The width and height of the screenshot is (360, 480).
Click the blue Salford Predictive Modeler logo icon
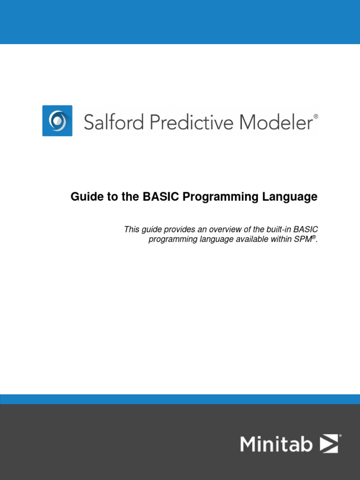57,120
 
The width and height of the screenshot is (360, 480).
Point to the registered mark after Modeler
315,116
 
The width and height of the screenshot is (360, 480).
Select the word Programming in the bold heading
214,197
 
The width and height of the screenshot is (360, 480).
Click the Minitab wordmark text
276,443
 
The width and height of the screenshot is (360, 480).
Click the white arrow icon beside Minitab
329,443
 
